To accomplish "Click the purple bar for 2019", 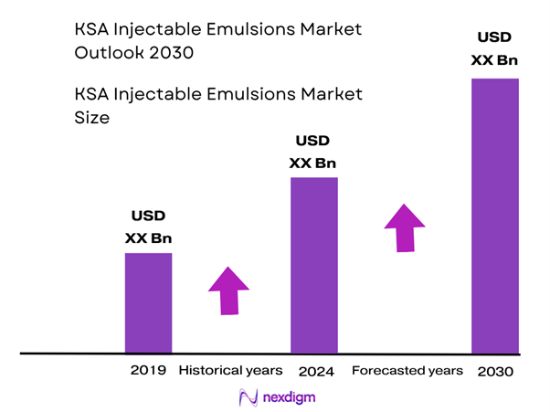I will tap(148, 302).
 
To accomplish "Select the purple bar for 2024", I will tap(313, 265).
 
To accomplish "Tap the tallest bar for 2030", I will tap(494, 216).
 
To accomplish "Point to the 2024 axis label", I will tap(316, 372).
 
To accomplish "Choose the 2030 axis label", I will tap(495, 372).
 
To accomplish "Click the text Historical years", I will tap(229, 371).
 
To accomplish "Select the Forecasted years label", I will tap(407, 371).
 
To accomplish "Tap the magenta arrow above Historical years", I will tap(228, 291).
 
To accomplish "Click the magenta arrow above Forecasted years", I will tap(404, 227).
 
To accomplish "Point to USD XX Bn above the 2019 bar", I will tap(148, 227).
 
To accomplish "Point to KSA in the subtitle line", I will tap(91, 94).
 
